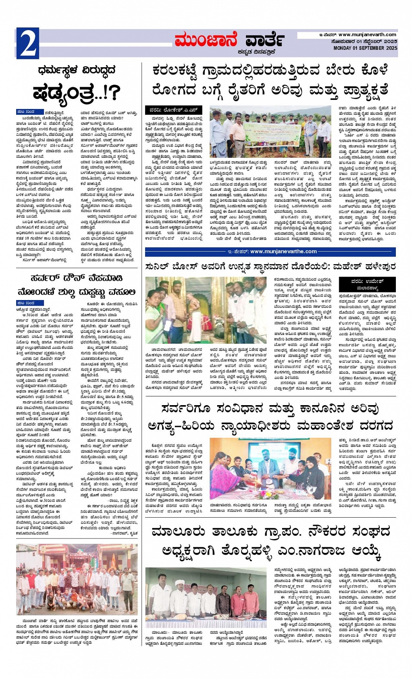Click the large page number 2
coord(27,43)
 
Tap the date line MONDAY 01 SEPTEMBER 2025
coord(365,48)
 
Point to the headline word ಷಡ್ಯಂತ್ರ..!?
coord(76,92)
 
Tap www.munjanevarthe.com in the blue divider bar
coord(283,252)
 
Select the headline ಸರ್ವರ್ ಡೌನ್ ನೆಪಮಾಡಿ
coord(76,278)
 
